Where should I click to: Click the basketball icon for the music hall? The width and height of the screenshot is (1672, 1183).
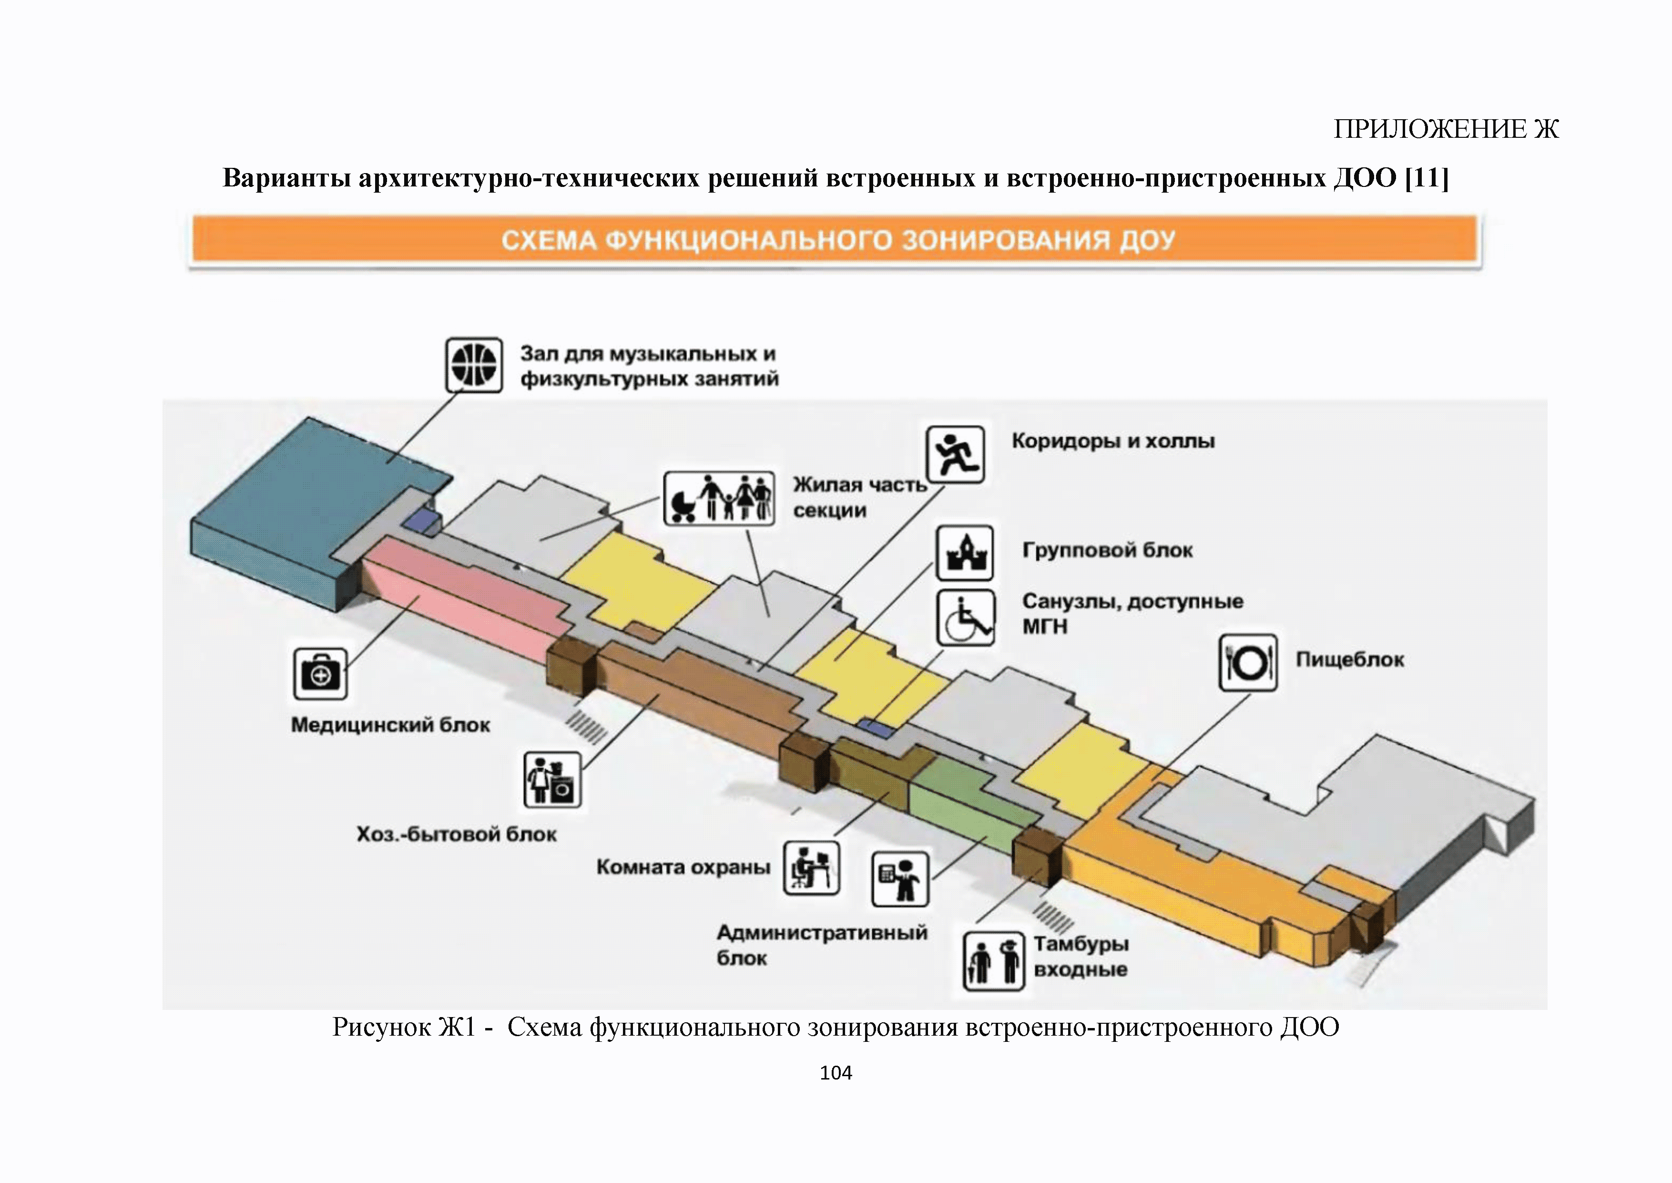[x=474, y=364]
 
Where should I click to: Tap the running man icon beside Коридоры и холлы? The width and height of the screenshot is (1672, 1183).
[x=956, y=454]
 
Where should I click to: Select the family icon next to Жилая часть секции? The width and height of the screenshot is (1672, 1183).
[x=719, y=498]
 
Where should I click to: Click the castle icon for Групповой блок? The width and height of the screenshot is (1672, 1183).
[x=965, y=553]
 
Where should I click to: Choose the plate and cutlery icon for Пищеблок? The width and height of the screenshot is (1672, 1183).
[x=1248, y=663]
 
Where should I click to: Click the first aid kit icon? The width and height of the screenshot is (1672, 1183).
[x=320, y=674]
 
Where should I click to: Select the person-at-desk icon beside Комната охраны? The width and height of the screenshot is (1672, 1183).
[x=811, y=868]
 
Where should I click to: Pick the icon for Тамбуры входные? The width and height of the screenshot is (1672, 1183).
[x=993, y=962]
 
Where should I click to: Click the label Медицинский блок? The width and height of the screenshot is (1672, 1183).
[x=390, y=725]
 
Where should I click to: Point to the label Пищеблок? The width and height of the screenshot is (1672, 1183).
[x=1349, y=660]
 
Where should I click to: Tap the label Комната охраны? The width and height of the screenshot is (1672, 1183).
[x=683, y=867]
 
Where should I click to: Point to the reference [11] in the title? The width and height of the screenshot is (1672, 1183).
[x=1427, y=178]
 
